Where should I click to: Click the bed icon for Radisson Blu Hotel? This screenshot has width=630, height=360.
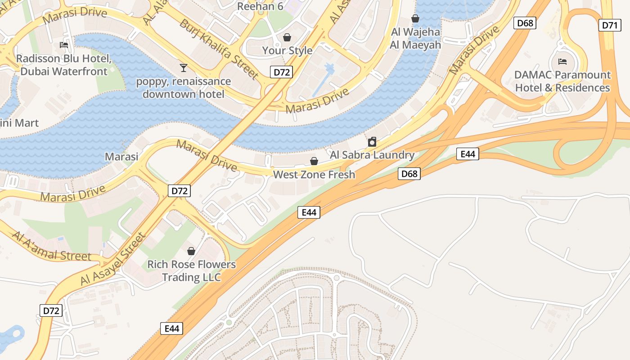63,45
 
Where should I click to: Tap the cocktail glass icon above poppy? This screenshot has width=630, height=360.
183,68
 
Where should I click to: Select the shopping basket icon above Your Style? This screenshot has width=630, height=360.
287,37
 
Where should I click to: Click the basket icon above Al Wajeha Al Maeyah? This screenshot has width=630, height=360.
415,18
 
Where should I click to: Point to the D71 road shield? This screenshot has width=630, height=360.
610,25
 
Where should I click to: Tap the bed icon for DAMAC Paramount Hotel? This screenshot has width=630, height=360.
562,61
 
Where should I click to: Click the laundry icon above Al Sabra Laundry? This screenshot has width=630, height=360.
372,142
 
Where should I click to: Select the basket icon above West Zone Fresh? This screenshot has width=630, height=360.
314,161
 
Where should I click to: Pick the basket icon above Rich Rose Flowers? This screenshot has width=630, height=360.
191,251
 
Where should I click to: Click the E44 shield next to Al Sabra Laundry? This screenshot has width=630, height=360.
468,154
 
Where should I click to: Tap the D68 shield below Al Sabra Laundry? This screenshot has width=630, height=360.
409,174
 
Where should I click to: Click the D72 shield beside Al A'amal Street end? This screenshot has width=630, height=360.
51,310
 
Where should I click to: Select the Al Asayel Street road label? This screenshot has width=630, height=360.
113,259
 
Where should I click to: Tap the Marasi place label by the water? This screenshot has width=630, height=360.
121,156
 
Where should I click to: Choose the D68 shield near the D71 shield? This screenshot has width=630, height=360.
525,22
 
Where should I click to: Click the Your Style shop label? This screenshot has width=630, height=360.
287,50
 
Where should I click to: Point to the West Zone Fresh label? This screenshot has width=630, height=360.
314,175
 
